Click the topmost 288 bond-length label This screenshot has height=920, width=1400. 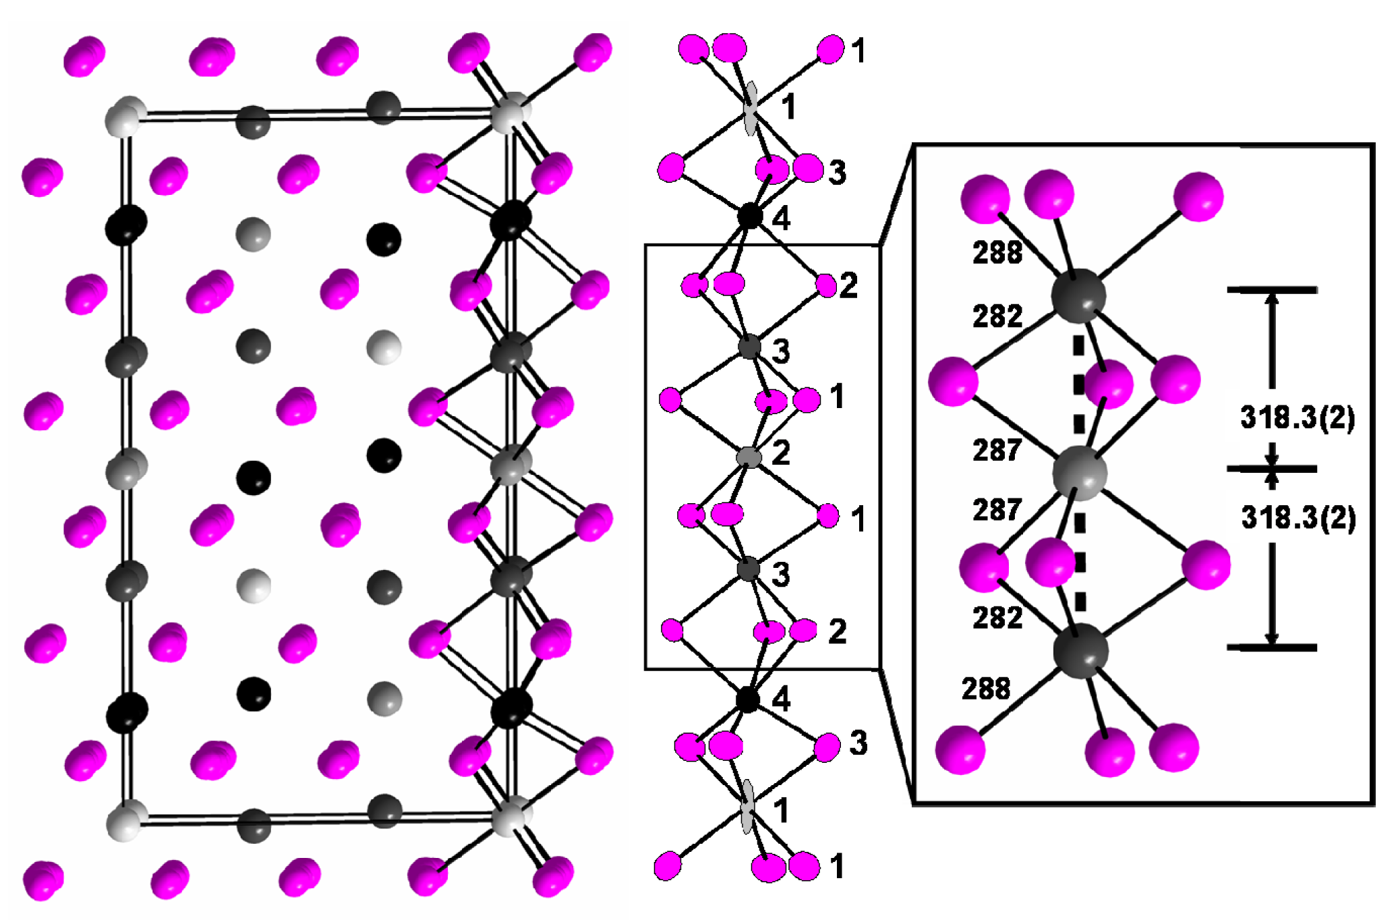(997, 253)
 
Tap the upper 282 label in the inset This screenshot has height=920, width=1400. (997, 316)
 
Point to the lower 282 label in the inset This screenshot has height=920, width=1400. (997, 618)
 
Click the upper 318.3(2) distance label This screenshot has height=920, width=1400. (1297, 418)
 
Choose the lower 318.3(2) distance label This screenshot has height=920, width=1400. (1297, 518)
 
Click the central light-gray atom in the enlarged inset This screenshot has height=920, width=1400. (1079, 473)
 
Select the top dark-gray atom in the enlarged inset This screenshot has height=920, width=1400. (1078, 295)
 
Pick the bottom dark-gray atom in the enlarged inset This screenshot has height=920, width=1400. (1080, 650)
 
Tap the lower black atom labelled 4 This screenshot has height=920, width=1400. (747, 699)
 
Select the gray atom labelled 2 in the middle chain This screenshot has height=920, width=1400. (749, 457)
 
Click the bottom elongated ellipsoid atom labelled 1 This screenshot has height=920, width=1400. (747, 807)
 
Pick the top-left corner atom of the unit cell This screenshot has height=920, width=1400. (125, 117)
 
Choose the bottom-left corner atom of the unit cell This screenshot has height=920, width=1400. (126, 820)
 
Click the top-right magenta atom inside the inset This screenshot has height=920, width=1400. (1198, 196)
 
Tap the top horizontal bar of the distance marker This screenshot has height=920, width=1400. (1271, 290)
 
